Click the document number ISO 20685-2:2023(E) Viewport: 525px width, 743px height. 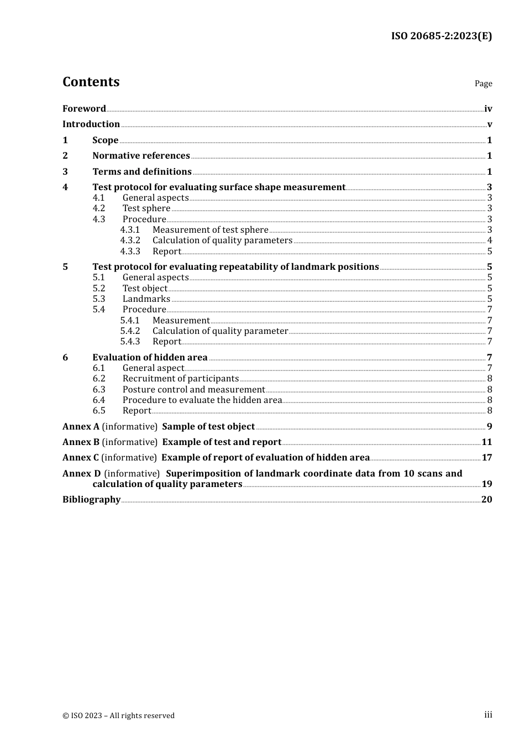[x=441, y=36]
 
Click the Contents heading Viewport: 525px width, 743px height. [x=91, y=82]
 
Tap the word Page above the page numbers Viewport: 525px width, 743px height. [x=483, y=83]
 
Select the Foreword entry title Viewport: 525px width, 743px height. [x=84, y=109]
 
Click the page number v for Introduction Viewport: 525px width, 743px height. [x=489, y=124]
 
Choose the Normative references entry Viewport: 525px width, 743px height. [x=141, y=156]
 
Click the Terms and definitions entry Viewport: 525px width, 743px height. [x=142, y=172]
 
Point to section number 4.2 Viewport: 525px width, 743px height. [x=99, y=208]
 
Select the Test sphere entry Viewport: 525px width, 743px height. [x=146, y=208]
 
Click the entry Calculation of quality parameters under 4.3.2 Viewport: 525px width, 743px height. [x=222, y=240]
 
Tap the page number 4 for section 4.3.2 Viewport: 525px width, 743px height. [x=489, y=240]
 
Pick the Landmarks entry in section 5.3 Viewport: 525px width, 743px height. [x=146, y=299]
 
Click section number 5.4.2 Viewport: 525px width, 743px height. [x=130, y=331]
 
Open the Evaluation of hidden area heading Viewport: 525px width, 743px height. [x=150, y=358]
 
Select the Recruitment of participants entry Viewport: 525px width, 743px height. [x=181, y=379]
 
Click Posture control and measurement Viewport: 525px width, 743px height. [x=193, y=390]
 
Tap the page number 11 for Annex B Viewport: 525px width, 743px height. [x=486, y=442]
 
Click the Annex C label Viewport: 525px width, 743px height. [x=81, y=458]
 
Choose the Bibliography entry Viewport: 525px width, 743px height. [x=91, y=500]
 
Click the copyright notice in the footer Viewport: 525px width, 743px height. [x=118, y=716]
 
